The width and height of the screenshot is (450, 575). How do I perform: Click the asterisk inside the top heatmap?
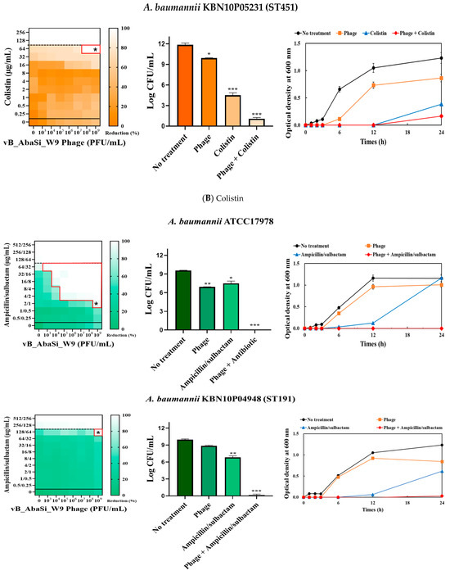coord(96,51)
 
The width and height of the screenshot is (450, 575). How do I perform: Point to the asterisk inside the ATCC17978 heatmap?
coord(96,305)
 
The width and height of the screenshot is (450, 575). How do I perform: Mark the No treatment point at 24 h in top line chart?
coord(442,58)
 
